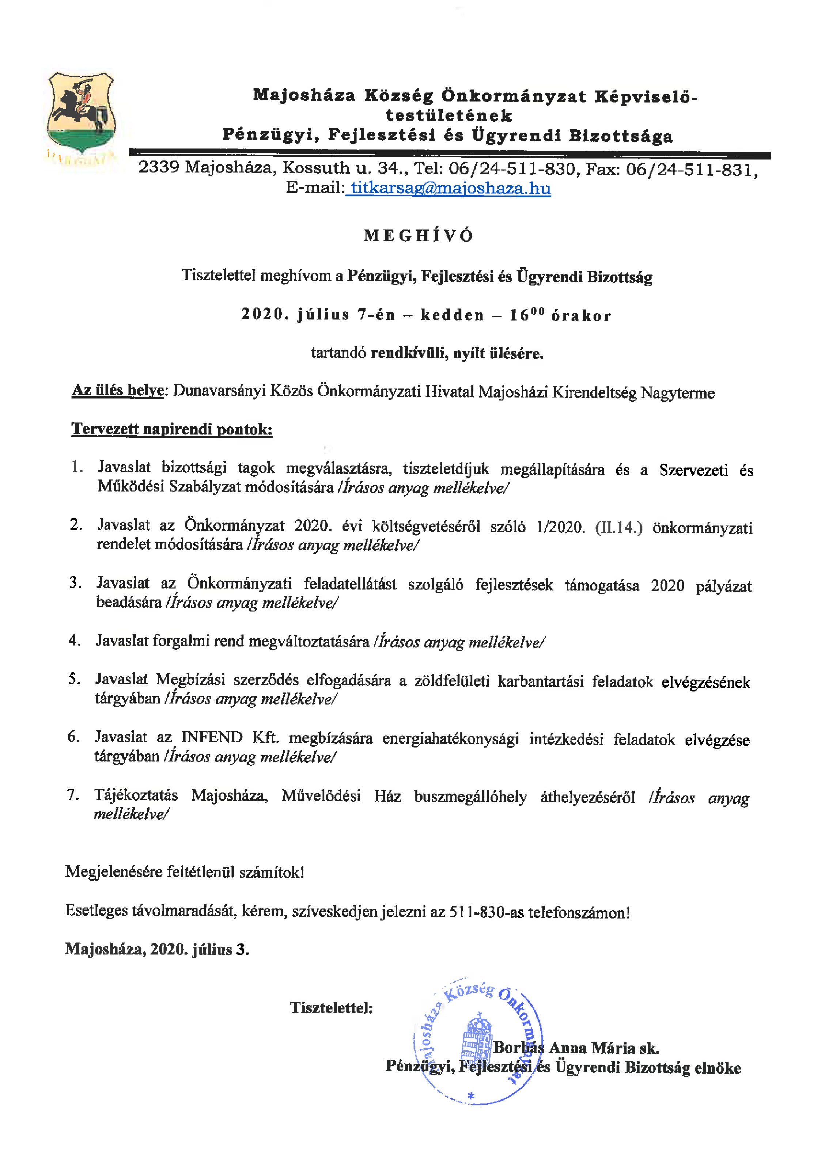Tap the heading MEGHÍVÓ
pyautogui.click(x=419, y=236)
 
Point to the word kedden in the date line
pyautogui.click(x=452, y=315)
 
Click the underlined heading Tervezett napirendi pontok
pyautogui.click(x=172, y=429)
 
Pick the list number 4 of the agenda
pyautogui.click(x=75, y=640)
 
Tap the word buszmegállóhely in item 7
pyautogui.click(x=470, y=797)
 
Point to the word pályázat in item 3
pyautogui.click(x=723, y=586)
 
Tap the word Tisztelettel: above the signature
pyautogui.click(x=331, y=1008)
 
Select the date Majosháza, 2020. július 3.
pyautogui.click(x=157, y=949)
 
